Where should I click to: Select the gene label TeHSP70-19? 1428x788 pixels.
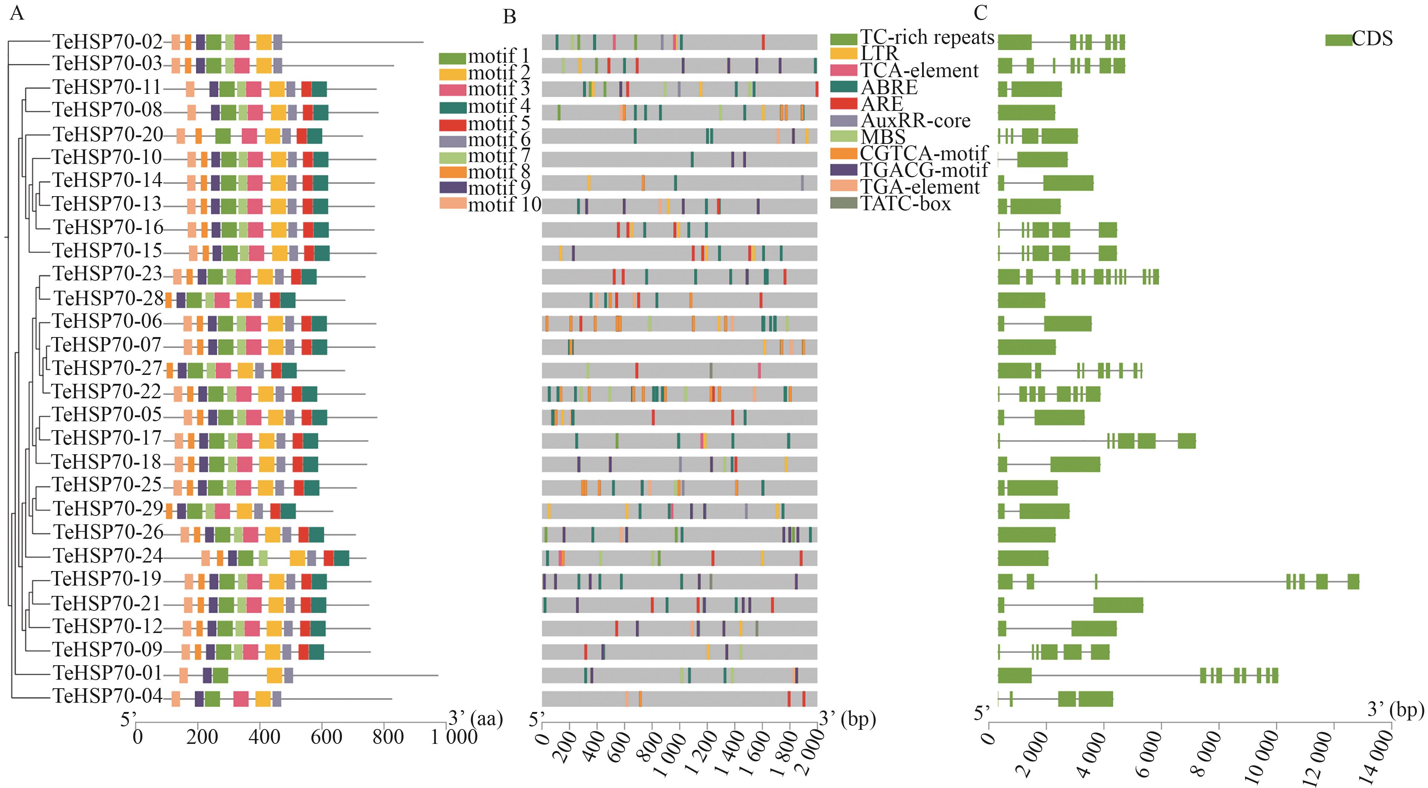pos(106,579)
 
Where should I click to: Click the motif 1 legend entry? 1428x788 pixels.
pos(484,57)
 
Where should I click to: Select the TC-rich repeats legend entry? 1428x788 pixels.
pos(912,38)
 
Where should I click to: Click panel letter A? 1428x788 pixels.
pos(17,13)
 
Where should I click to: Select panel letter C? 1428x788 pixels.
pos(980,13)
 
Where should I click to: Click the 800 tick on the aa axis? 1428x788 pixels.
pos(388,737)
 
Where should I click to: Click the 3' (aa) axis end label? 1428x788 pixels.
pos(475,719)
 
